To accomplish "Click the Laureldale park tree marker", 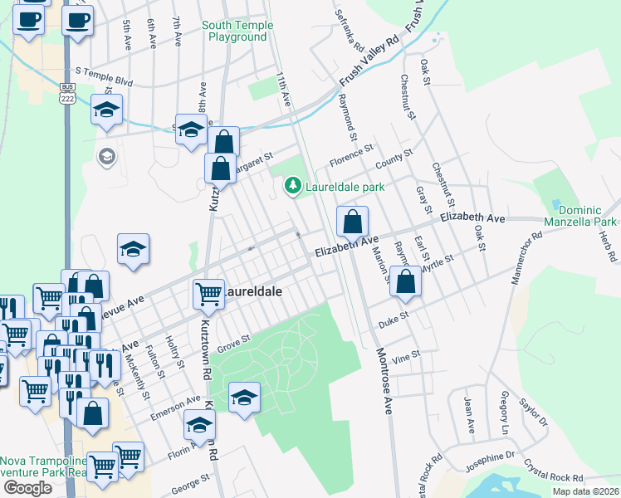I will click(292, 187).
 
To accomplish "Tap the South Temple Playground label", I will click(237, 32).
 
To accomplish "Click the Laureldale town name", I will click(252, 292).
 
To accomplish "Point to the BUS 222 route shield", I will click(66, 92).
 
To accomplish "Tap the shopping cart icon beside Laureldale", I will click(208, 294).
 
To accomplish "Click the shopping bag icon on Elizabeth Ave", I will click(352, 222).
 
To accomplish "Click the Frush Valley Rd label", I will click(369, 61).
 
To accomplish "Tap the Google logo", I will click(27, 488).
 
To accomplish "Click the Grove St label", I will click(233, 340).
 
